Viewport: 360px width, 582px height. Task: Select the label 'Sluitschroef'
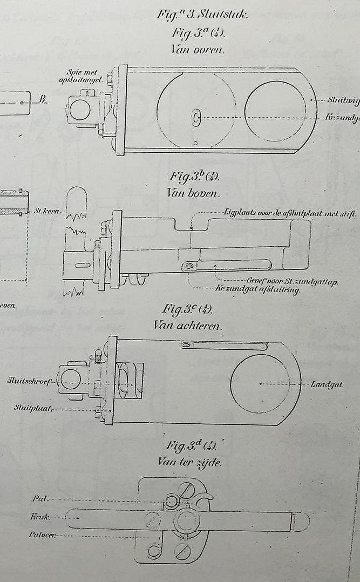pos(29,381)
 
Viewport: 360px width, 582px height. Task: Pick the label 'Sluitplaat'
pos(33,408)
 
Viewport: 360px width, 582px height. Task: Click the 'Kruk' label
pos(41,517)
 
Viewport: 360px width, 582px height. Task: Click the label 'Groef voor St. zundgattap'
pos(291,282)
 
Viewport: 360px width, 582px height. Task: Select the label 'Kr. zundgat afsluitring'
pos(257,289)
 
